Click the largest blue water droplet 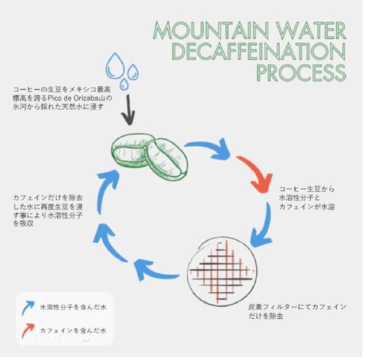115,63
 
